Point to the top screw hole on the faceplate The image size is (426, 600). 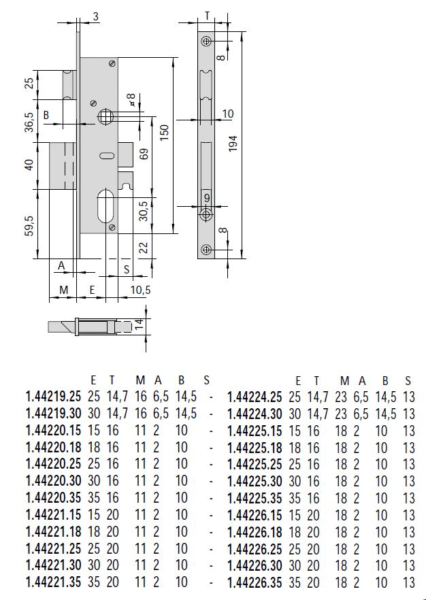pyautogui.click(x=206, y=41)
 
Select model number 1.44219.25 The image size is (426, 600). pyautogui.click(x=53, y=397)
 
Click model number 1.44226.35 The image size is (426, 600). pyautogui.click(x=254, y=582)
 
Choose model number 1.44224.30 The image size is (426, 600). pyautogui.click(x=254, y=413)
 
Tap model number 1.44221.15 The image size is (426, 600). pyautogui.click(x=53, y=514)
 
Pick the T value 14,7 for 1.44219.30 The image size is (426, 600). pyautogui.click(x=116, y=413)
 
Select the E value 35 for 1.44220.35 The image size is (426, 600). pyautogui.click(x=93, y=497)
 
